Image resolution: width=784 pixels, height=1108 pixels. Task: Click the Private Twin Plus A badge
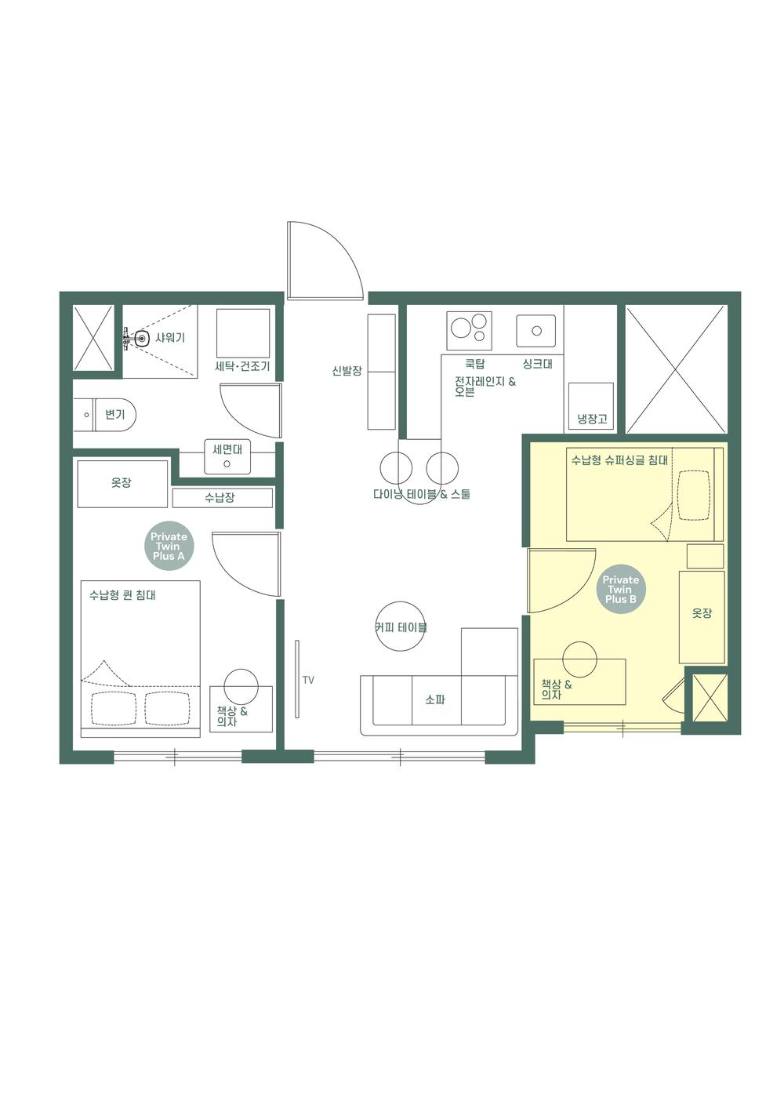point(169,547)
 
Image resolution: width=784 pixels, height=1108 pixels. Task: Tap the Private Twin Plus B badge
point(620,590)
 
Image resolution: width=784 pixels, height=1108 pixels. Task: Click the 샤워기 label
point(170,338)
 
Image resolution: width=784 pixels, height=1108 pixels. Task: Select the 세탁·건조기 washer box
point(243,334)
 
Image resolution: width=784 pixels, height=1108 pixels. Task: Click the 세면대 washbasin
point(227,457)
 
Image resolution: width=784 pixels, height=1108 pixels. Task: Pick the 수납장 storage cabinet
point(222,498)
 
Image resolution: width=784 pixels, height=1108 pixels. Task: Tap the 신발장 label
point(347,370)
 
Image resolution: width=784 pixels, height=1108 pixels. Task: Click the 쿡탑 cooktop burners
point(469,330)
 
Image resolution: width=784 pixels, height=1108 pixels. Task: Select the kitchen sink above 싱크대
point(536,331)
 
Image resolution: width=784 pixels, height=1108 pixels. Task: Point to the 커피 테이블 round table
point(401,627)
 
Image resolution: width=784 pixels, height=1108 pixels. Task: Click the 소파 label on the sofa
point(435,699)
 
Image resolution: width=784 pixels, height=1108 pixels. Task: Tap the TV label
point(308,680)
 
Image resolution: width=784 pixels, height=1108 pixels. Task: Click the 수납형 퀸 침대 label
point(122,595)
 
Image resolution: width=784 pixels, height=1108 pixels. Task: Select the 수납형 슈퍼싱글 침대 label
point(619,460)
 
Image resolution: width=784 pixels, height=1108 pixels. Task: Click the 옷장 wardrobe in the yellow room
point(702,616)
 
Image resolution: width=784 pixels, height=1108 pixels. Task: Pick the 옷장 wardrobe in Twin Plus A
point(122,484)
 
